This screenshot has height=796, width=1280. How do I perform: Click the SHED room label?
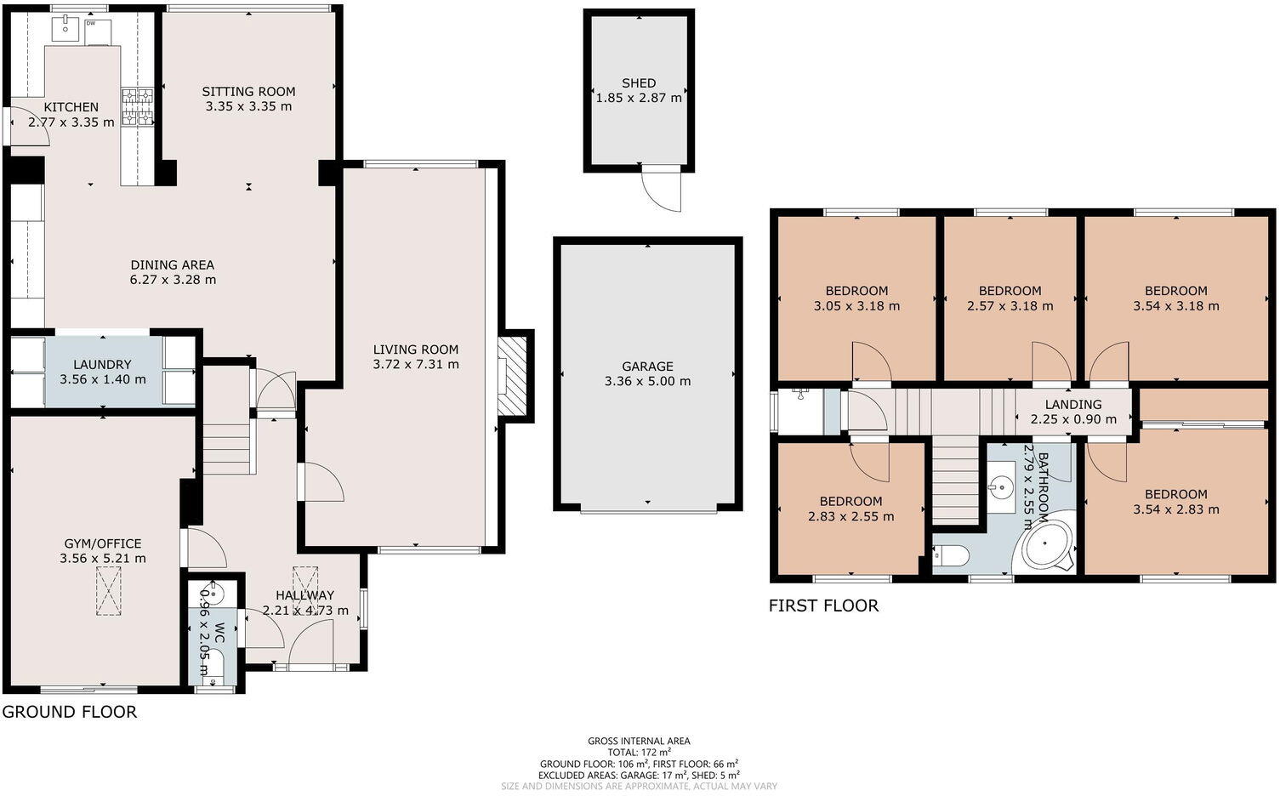639,82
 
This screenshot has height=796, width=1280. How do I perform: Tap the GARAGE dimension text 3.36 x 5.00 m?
647,382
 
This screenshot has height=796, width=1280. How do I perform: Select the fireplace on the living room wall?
513,375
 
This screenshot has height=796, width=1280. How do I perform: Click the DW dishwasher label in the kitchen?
90,24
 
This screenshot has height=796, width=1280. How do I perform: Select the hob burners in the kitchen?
137,108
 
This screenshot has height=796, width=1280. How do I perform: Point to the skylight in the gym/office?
108,591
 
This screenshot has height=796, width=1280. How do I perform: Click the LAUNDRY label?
102,364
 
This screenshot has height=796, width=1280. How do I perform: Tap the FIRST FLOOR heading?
822,606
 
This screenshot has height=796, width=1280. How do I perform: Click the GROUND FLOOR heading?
69,712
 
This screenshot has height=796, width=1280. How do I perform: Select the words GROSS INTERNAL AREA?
639,741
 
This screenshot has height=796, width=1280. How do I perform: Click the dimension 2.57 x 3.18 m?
1010,306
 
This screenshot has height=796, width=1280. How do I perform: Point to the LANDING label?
1073,405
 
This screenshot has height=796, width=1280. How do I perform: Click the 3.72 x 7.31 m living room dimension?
415,365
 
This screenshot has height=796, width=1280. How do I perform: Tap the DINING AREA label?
173,264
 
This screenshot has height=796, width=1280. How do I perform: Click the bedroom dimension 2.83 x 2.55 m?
850,516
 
